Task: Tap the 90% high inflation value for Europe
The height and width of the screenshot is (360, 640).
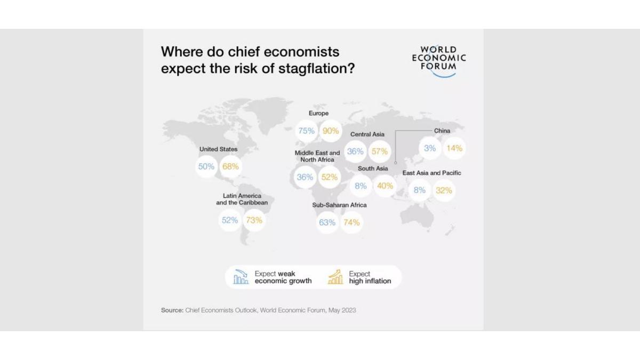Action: [x=331, y=131]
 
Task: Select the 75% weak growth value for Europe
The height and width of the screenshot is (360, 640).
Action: [x=306, y=131]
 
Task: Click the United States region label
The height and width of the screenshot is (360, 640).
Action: [x=218, y=149]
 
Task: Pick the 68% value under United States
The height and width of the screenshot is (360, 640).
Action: [x=230, y=166]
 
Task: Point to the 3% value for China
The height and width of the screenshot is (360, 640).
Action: [x=430, y=148]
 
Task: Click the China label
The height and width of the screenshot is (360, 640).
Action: [x=442, y=131]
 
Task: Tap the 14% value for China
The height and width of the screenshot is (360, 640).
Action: [x=454, y=148]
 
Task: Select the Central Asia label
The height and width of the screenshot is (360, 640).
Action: [x=367, y=134]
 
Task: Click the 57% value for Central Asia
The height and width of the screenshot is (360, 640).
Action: [x=379, y=151]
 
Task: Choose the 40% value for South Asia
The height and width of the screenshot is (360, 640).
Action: [x=385, y=186]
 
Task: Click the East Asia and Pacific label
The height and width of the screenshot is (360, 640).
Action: [x=431, y=173]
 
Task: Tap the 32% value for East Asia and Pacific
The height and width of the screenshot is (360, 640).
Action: [x=444, y=190]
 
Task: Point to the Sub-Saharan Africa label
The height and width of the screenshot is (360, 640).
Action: [x=339, y=205]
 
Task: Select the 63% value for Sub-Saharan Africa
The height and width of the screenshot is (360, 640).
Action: [x=327, y=222]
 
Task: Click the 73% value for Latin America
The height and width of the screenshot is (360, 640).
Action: [x=254, y=220]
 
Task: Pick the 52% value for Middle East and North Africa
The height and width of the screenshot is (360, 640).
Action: [x=330, y=177]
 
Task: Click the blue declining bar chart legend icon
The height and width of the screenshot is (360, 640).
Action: [x=241, y=277]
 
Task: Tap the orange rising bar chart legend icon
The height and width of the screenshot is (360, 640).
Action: [x=335, y=277]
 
